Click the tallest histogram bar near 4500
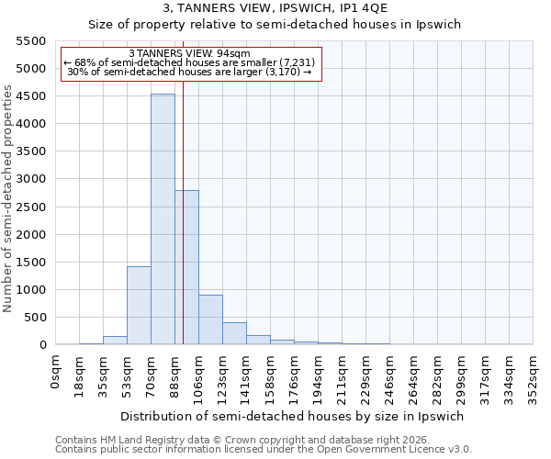(x=163, y=220)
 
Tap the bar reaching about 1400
(x=139, y=306)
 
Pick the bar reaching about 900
(x=210, y=319)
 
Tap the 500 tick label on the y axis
(x=35, y=318)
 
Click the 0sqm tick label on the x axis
(x=57, y=371)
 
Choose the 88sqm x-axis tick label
(x=176, y=373)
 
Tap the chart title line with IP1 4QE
(x=275, y=8)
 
